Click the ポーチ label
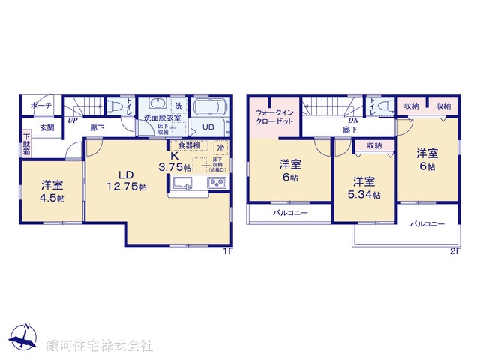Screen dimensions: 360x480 click(x=41, y=106)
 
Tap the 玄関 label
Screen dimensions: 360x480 click(x=46, y=127)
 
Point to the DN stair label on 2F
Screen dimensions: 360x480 click(x=353, y=121)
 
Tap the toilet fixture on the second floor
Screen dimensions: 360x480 click(x=383, y=106)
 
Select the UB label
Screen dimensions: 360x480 click(x=207, y=127)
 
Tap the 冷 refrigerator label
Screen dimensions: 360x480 click(x=220, y=148)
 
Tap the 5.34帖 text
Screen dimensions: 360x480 click(x=364, y=195)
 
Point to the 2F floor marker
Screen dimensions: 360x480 click(x=454, y=251)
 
